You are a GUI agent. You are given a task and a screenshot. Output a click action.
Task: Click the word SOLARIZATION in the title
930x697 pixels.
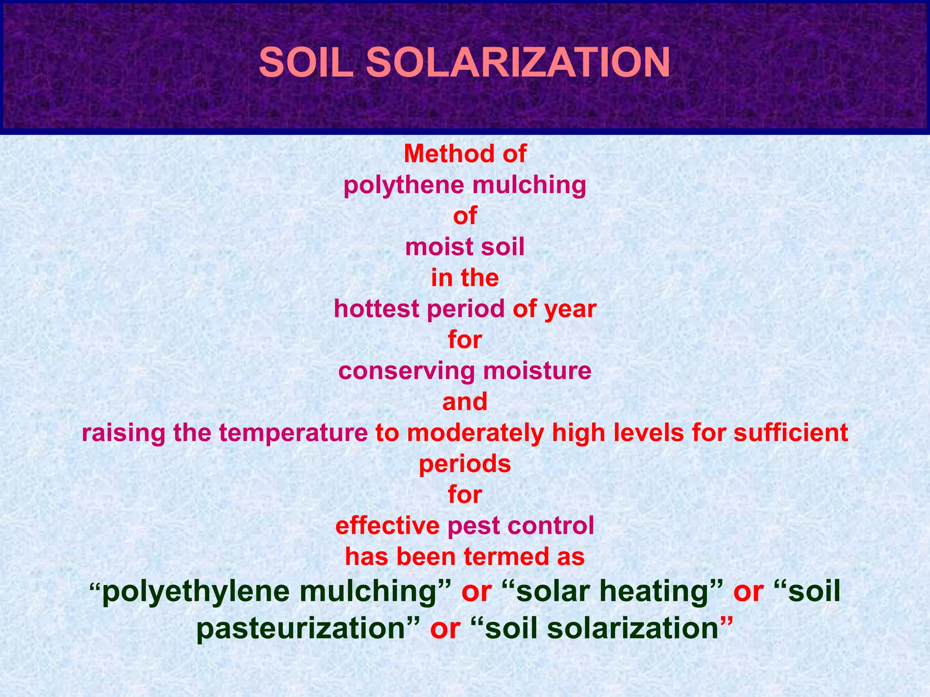(518, 63)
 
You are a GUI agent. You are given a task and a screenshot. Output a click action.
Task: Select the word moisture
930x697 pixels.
(537, 371)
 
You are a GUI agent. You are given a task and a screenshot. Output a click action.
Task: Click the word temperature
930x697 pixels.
(293, 433)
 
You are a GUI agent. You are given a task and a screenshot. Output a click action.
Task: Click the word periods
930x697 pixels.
(465, 464)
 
